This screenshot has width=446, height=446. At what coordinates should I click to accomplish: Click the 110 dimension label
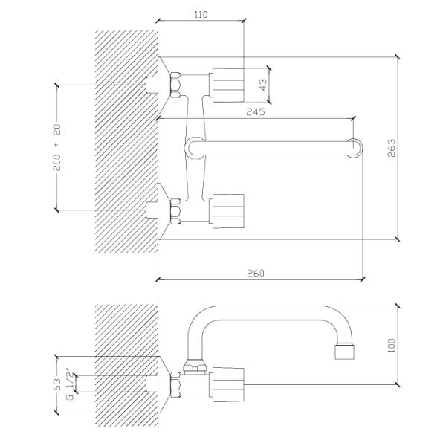pyautogui.click(x=201, y=15)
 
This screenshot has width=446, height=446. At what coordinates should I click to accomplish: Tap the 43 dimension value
pyautogui.click(x=263, y=85)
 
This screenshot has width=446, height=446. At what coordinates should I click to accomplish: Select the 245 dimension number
pyautogui.click(x=256, y=111)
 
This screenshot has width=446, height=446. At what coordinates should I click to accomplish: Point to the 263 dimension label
pyautogui.click(x=392, y=148)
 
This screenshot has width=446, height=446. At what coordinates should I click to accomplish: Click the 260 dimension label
pyautogui.click(x=256, y=274)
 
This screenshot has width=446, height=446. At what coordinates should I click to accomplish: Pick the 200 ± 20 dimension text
pyautogui.click(x=57, y=147)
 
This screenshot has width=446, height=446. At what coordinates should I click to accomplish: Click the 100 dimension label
pyautogui.click(x=392, y=346)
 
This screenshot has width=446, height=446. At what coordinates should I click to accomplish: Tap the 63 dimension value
pyautogui.click(x=57, y=384)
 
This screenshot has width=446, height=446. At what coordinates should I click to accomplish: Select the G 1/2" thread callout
pyautogui.click(x=70, y=386)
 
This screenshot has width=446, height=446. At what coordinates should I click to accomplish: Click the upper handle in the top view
pyautogui.click(x=227, y=85)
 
